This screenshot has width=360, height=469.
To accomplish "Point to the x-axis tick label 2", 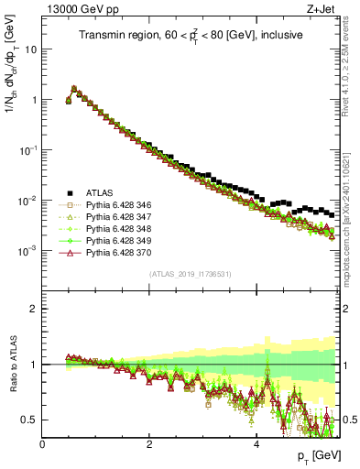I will [149, 445].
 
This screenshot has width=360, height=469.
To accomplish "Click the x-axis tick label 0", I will [43, 445].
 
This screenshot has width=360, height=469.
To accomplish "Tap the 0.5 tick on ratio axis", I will [31, 420].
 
